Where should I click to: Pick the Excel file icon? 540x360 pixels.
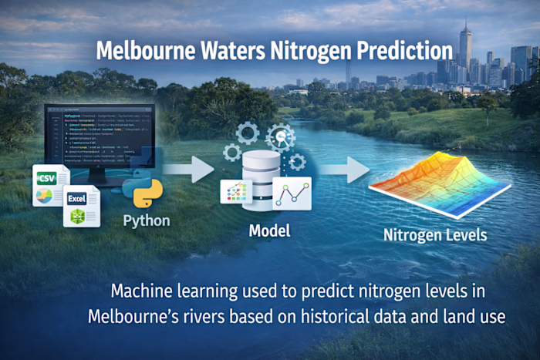82,206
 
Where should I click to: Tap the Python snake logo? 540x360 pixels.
147,194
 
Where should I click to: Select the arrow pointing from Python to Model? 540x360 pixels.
190,169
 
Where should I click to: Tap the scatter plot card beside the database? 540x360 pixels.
237,191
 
